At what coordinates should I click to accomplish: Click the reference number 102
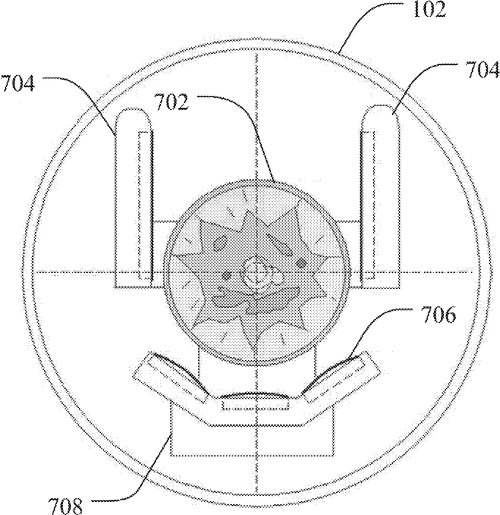click(430, 10)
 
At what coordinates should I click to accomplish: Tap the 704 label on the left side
click(18, 83)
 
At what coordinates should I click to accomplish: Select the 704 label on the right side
click(482, 70)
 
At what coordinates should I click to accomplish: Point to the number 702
click(172, 102)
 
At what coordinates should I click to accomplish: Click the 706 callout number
click(439, 315)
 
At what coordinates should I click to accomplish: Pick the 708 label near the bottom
click(65, 505)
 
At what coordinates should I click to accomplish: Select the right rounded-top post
click(381, 196)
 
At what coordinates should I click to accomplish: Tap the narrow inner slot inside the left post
click(144, 206)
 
